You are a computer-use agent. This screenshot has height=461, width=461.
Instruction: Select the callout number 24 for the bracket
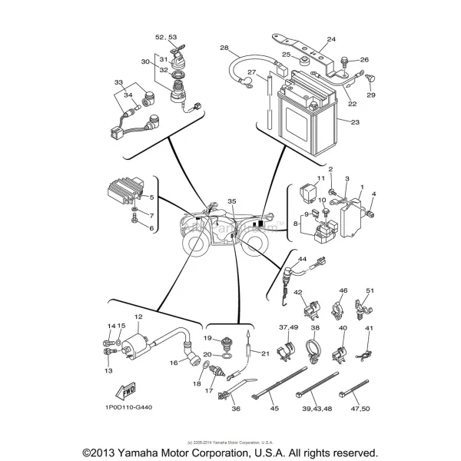pyautogui.click(x=331, y=39)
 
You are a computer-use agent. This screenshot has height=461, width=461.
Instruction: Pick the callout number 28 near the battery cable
pyautogui.click(x=224, y=48)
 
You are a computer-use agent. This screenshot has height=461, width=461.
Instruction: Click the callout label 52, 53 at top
pyautogui.click(x=166, y=36)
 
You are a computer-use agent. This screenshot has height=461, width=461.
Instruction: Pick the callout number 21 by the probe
pyautogui.click(x=264, y=353)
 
